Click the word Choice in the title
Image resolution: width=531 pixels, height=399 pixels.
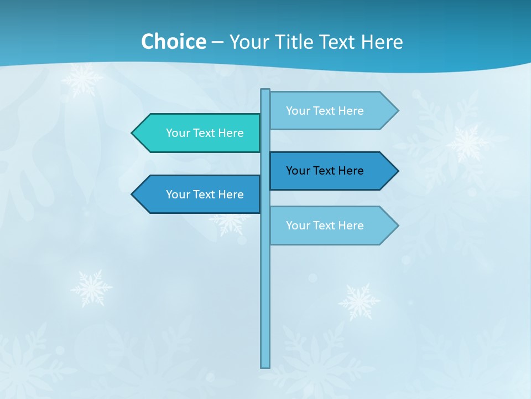click(x=173, y=42)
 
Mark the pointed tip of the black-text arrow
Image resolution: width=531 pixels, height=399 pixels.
click(x=397, y=171)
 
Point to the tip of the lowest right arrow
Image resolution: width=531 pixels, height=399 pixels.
click(x=397, y=226)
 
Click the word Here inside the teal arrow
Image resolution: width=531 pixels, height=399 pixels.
click(x=231, y=133)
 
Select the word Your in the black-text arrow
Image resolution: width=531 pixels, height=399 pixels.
click(x=298, y=171)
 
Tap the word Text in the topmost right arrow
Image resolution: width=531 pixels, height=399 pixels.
click(x=325, y=111)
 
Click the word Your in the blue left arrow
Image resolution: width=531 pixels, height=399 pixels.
click(x=178, y=195)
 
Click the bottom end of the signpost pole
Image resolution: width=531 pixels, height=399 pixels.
click(x=265, y=366)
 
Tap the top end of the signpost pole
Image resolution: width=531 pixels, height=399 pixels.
click(x=265, y=91)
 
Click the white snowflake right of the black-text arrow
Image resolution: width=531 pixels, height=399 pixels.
click(x=467, y=143)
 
